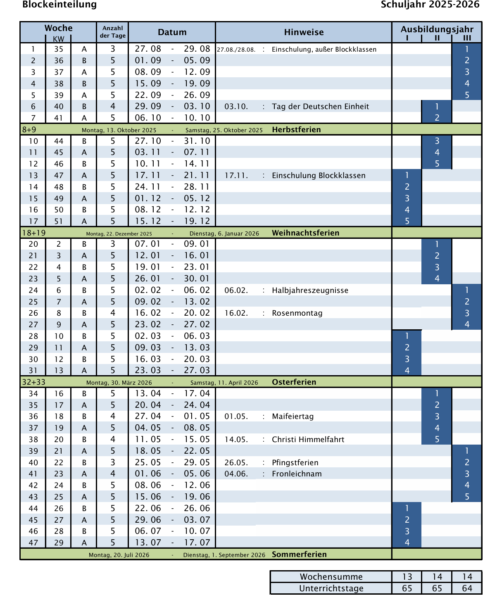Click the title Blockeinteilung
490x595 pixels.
[59, 5]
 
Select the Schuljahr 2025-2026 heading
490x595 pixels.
[430, 5]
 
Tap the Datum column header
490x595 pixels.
[172, 32]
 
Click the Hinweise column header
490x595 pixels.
[304, 32]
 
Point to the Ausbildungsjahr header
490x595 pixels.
[437, 29]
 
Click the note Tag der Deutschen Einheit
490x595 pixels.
[320, 107]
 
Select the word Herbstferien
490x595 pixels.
[296, 130]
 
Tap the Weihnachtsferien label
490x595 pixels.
[305, 233]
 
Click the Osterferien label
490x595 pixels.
[294, 382]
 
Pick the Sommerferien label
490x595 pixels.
[299, 555]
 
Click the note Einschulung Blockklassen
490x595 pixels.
[319, 176]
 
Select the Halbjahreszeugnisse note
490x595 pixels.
[310, 290]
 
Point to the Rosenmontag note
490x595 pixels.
[297, 313]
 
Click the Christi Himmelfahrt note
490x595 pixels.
[308, 440]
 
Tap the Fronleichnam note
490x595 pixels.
[297, 474]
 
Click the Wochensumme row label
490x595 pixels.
[331, 577]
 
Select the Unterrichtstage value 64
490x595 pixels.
[467, 588]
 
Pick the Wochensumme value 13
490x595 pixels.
[407, 577]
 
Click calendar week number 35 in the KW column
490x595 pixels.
[59, 49]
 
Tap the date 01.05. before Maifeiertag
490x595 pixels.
[236, 416]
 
